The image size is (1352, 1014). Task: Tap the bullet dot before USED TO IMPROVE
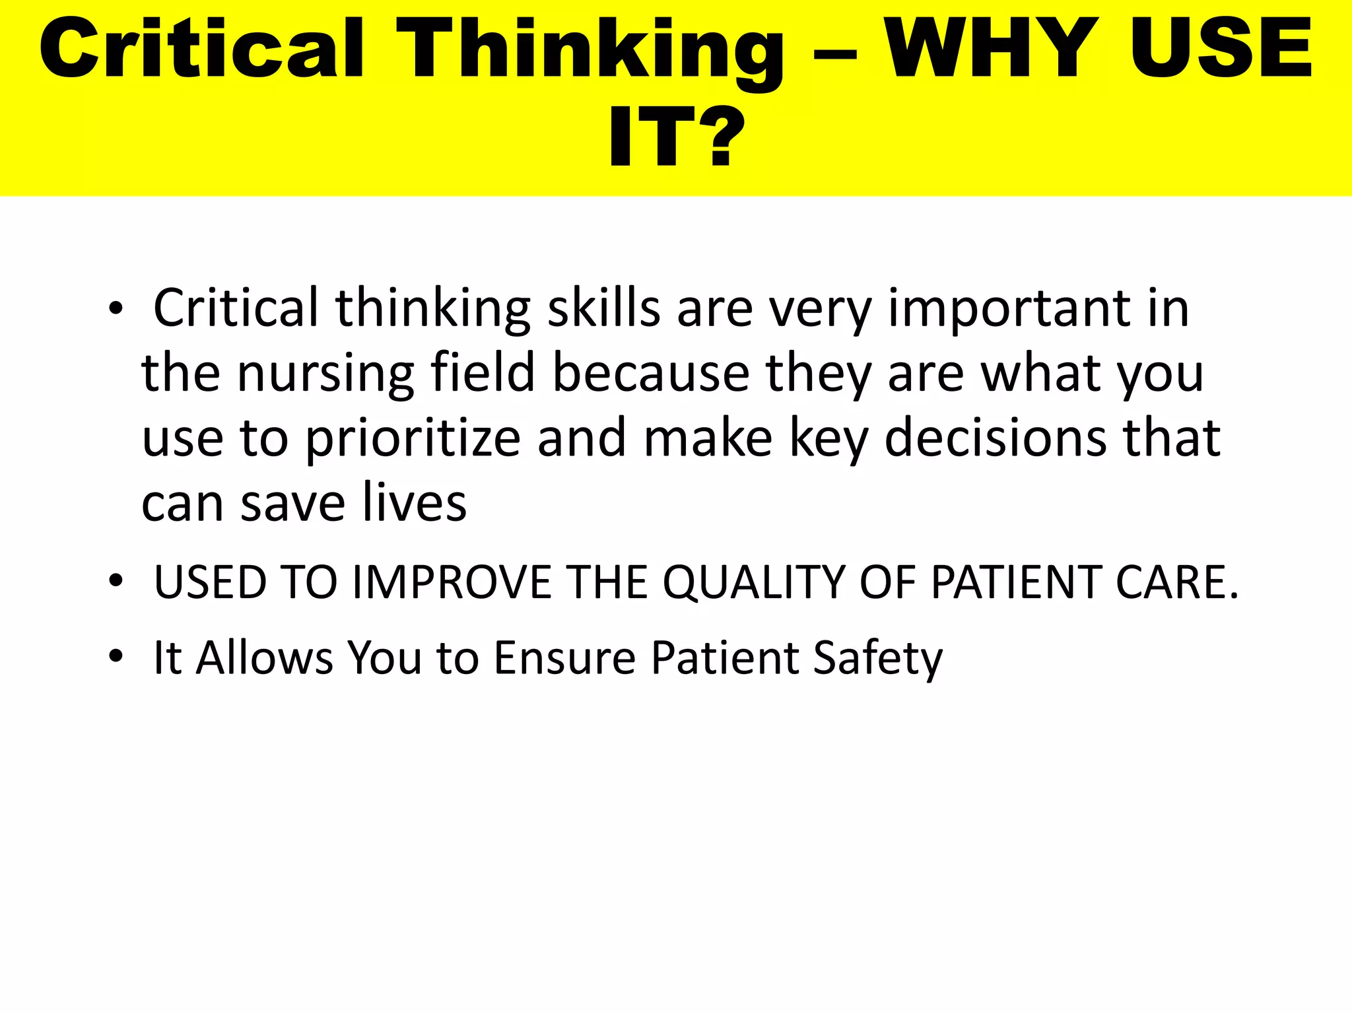tap(116, 582)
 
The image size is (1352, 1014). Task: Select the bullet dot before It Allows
tap(116, 657)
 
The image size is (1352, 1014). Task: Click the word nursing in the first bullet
tap(325, 375)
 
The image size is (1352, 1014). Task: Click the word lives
tap(415, 503)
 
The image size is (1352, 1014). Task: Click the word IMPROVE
tap(452, 582)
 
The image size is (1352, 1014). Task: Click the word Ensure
tap(564, 658)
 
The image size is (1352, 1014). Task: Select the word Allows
tap(264, 658)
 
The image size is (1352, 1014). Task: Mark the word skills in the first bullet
tap(604, 308)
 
